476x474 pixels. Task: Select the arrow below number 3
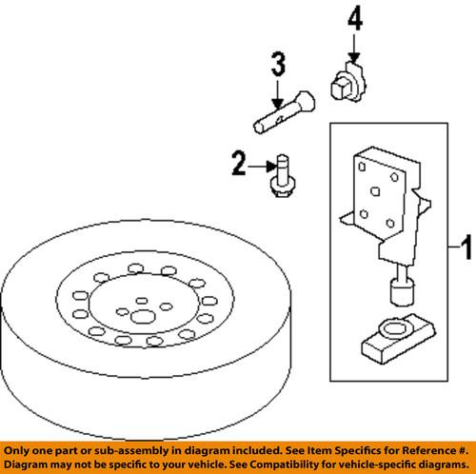pos(276,95)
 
